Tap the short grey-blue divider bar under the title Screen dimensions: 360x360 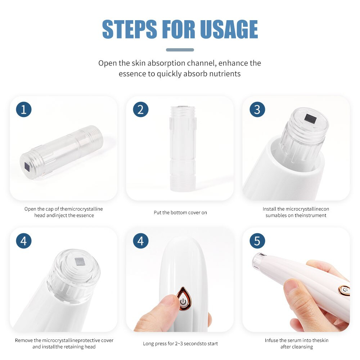180,50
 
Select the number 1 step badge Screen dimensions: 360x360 24,109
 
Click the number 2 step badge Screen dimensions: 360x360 141,109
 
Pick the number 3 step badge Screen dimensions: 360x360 257,109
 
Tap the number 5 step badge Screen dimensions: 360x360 257,241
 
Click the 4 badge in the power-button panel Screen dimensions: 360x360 141,241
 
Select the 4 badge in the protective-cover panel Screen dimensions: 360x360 24,241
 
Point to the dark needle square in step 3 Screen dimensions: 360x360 311,118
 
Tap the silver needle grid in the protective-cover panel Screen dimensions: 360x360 80,261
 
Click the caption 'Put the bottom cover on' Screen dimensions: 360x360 180,213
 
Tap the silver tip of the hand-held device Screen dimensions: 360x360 258,260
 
